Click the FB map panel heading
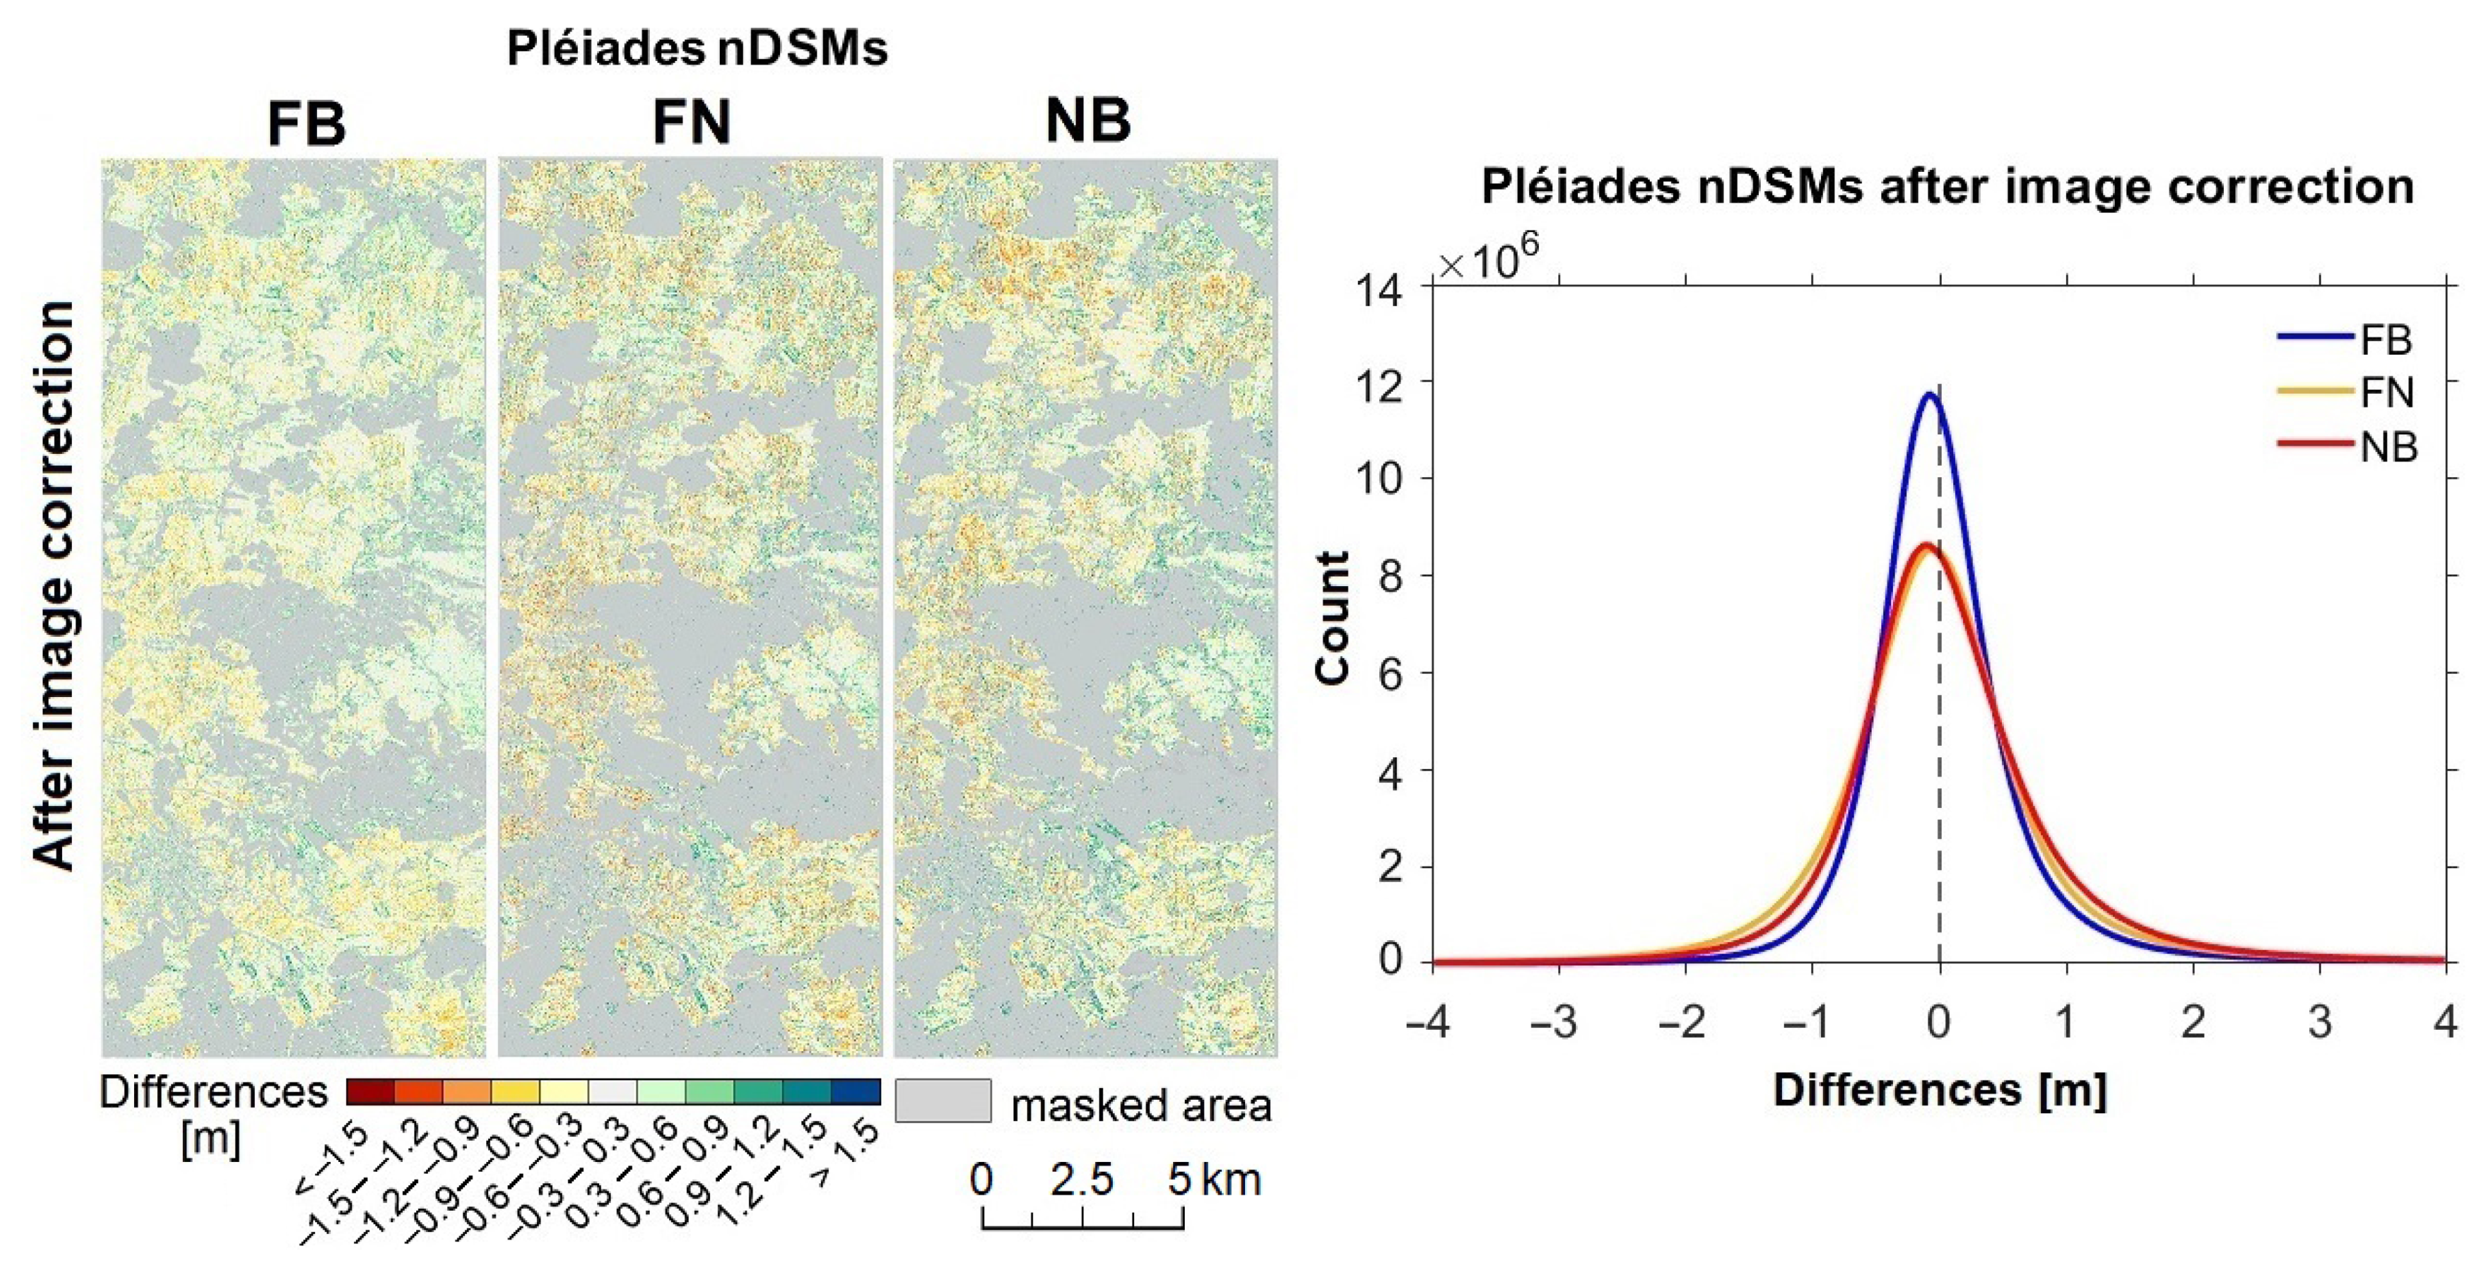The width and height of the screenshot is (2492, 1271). pyautogui.click(x=306, y=124)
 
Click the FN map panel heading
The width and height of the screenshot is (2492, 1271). pyautogui.click(x=691, y=123)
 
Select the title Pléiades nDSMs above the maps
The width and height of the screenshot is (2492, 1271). pyautogui.click(x=697, y=48)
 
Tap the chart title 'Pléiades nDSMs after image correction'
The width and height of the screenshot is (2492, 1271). pyautogui.click(x=1947, y=186)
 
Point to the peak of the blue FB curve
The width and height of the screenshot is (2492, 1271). pyautogui.click(x=1930, y=394)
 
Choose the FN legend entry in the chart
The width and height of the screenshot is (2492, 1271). pyautogui.click(x=2387, y=392)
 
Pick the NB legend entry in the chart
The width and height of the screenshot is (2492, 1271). pyautogui.click(x=2387, y=447)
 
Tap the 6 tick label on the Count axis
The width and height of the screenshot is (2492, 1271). pyautogui.click(x=1390, y=674)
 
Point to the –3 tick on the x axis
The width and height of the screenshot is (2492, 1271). pyautogui.click(x=1555, y=1022)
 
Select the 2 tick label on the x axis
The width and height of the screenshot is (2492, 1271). pyautogui.click(x=2193, y=1022)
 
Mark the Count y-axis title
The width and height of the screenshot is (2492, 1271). pyautogui.click(x=1333, y=619)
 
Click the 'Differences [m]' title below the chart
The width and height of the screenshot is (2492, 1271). pyautogui.click(x=1940, y=1090)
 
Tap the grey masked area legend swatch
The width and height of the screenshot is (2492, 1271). pyautogui.click(x=942, y=1101)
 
